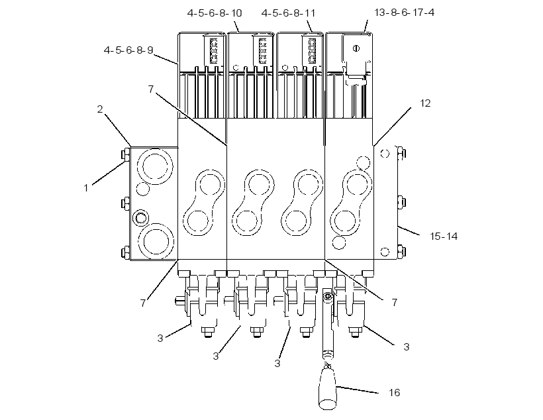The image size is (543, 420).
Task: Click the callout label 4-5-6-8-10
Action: coord(215,13)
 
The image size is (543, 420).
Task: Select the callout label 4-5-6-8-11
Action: coord(288,13)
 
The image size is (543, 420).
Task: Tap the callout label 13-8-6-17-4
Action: coord(404,13)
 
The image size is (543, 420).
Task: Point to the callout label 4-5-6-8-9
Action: coord(128,50)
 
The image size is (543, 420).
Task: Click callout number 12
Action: coord(425,103)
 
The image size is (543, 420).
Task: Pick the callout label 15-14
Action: coord(444,236)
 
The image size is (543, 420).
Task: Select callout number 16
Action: coord(394,392)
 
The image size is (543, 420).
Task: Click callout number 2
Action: coord(100,109)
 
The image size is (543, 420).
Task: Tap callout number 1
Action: coord(86,188)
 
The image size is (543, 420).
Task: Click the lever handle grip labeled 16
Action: coord(327,388)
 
